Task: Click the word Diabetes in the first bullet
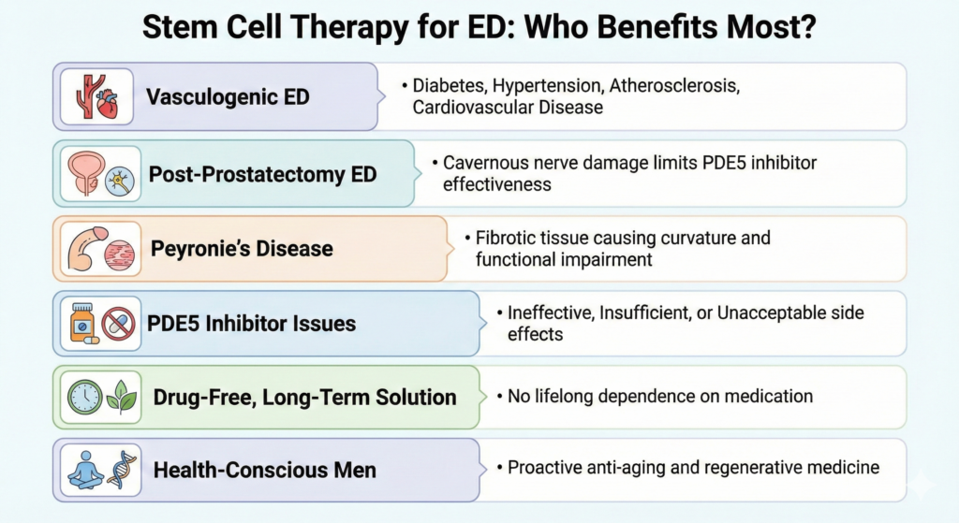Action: tap(448, 86)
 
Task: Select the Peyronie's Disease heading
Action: tap(242, 249)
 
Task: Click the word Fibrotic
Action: tap(504, 238)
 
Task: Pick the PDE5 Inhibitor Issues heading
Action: tap(252, 324)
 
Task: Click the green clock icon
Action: tap(85, 398)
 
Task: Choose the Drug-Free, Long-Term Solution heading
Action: tap(304, 398)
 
